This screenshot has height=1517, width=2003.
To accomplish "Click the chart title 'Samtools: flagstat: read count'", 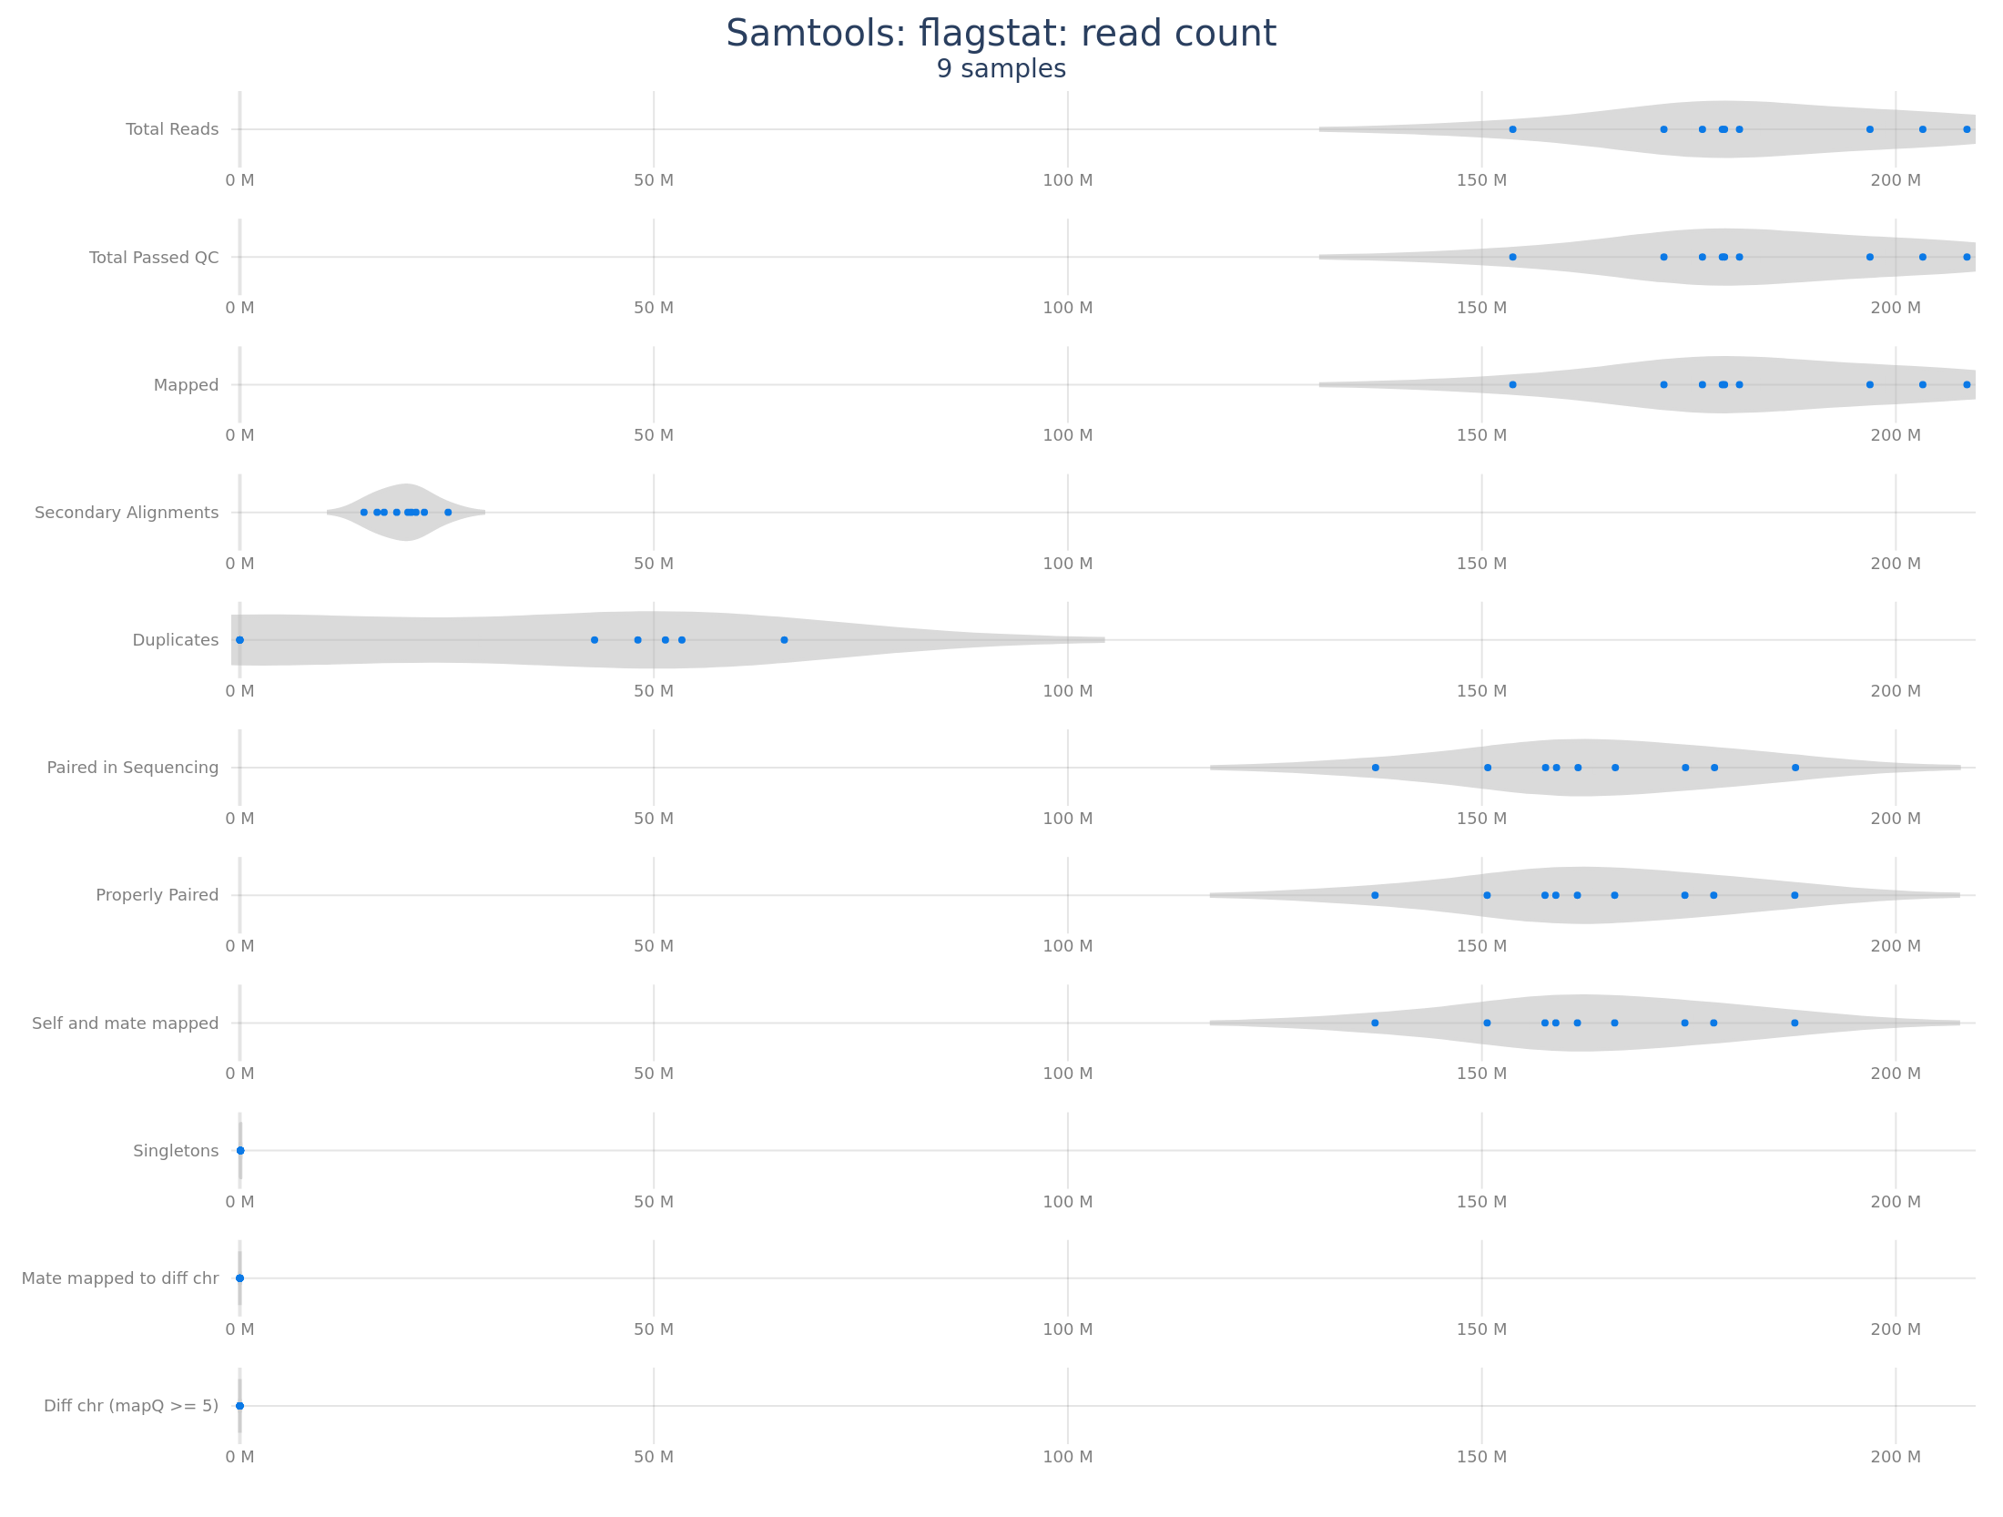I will tap(1001, 35).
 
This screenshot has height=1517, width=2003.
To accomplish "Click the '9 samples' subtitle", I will tap(1001, 69).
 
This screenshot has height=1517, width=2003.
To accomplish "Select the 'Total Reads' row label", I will tap(172, 129).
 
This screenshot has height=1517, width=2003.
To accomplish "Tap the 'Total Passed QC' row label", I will tap(154, 258).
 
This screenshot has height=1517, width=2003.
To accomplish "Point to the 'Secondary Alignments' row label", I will tap(127, 513).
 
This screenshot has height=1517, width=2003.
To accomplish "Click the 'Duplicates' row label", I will tap(176, 640).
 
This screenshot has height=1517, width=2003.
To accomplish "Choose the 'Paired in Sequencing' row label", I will tap(133, 768).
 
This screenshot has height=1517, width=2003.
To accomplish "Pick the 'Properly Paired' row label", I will tap(158, 895).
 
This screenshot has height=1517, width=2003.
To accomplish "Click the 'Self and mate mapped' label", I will tap(126, 1023).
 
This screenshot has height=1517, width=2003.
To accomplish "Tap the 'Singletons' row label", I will tap(176, 1151).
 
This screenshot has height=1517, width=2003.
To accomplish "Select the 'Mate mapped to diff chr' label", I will tap(120, 1278).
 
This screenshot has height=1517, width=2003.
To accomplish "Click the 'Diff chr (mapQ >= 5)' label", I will tap(131, 1406).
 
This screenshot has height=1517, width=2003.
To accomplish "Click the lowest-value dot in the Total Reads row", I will tap(1512, 129).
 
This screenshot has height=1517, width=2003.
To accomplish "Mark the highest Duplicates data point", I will tap(784, 640).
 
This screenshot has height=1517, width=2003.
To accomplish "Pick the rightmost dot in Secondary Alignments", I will tap(448, 513).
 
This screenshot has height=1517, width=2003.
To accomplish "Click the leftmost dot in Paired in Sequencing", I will tap(1375, 768).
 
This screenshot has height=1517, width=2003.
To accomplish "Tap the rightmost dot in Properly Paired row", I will tap(1795, 895).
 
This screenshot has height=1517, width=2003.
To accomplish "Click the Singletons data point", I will tap(240, 1151).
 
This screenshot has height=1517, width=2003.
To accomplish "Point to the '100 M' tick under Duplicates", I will tap(1067, 691).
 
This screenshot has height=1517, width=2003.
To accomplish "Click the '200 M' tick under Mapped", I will tap(1896, 435).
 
